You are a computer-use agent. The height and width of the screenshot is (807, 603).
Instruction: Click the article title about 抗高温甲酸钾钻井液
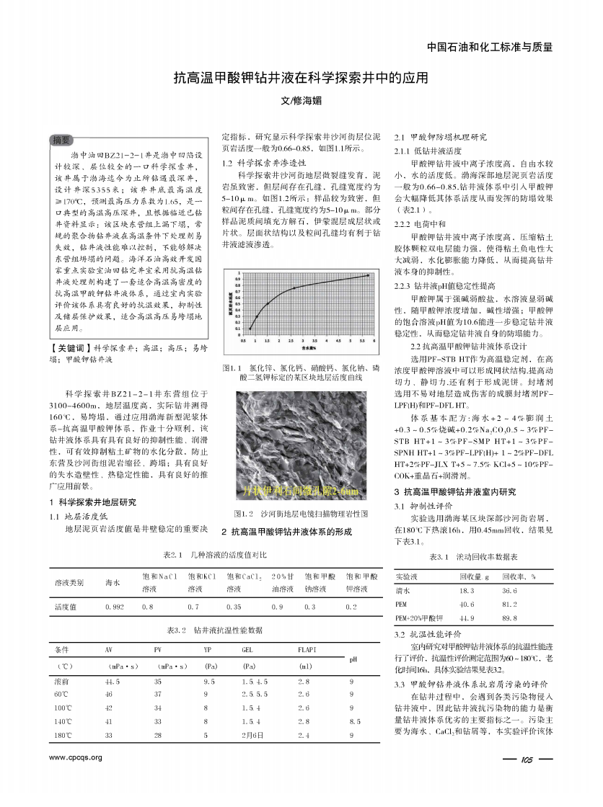[x=301, y=77]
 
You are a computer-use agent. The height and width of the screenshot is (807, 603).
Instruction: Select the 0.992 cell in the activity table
[x=114, y=607]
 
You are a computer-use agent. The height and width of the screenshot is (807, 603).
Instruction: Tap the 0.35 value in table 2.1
[x=234, y=607]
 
